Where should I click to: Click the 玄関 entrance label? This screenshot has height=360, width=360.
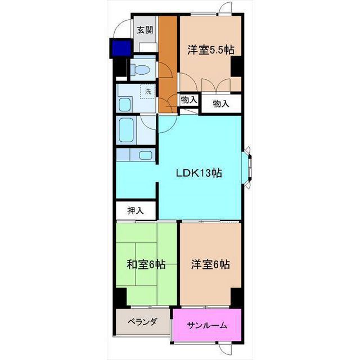pyautogui.click(x=145, y=30)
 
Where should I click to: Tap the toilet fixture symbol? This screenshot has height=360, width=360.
pyautogui.click(x=140, y=69)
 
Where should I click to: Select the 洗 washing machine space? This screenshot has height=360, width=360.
pyautogui.click(x=148, y=91)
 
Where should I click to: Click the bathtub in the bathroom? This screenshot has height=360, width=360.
pyautogui.click(x=126, y=130)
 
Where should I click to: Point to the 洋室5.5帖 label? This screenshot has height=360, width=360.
pyautogui.click(x=211, y=50)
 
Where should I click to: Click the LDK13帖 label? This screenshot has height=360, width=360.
pyautogui.click(x=199, y=173)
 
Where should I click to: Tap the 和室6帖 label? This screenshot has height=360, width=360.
pyautogui.click(x=146, y=264)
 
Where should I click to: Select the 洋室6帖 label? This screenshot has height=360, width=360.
pyautogui.click(x=210, y=264)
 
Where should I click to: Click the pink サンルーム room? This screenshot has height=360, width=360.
pyautogui.click(x=207, y=325)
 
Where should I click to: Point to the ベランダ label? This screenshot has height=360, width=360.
pyautogui.click(x=142, y=321)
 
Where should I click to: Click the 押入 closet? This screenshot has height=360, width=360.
pyautogui.click(x=136, y=210)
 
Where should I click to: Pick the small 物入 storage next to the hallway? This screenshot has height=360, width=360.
pyautogui.click(x=189, y=100)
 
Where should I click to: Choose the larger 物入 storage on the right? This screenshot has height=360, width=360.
pyautogui.click(x=221, y=103)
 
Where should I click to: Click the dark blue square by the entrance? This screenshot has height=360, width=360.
pyautogui.click(x=121, y=48)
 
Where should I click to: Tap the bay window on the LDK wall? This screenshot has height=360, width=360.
pyautogui.click(x=247, y=168)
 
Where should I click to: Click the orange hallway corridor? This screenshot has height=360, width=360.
pyautogui.click(x=168, y=64)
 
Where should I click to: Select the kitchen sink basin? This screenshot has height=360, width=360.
pyautogui.click(x=146, y=155)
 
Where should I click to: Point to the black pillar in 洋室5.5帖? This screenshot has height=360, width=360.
pyautogui.click(x=236, y=66)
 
